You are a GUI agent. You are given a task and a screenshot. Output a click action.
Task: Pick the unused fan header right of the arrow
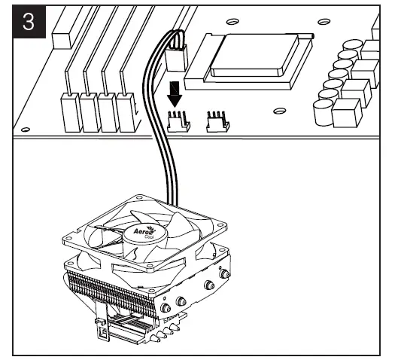(216, 121)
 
